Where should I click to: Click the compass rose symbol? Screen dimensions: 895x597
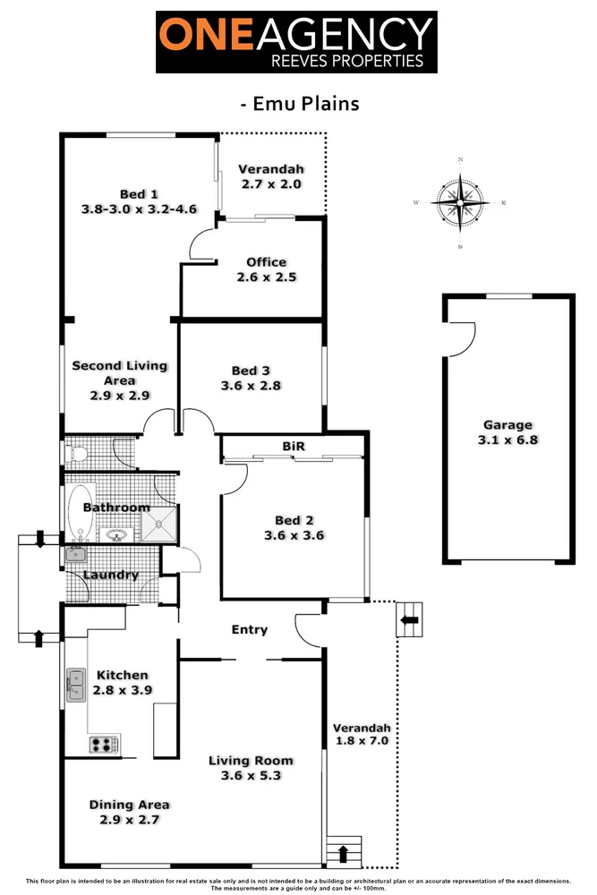click(x=460, y=203)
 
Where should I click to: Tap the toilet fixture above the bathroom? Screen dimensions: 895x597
click(x=77, y=455)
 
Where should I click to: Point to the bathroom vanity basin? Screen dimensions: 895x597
click(x=116, y=536)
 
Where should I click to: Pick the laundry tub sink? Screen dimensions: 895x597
click(x=74, y=555)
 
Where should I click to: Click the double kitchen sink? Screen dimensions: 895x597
click(x=74, y=685)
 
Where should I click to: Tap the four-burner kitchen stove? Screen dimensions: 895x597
click(x=104, y=744)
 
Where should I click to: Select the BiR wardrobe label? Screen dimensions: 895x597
click(x=293, y=445)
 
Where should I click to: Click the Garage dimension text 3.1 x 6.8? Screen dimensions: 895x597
click(x=507, y=439)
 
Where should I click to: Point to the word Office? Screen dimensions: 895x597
click(x=267, y=262)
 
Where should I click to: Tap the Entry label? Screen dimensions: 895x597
click(x=250, y=629)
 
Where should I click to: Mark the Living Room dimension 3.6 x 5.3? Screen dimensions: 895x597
click(x=252, y=775)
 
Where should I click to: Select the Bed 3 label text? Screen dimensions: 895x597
click(x=251, y=371)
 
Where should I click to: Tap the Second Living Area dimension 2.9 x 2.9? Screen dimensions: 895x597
click(x=119, y=395)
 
